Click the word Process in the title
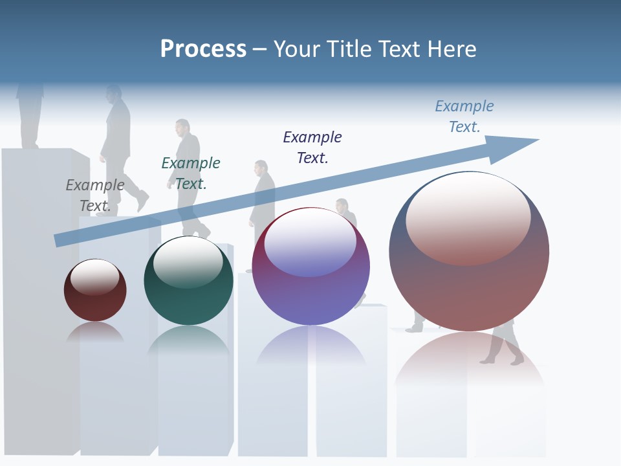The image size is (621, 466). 203,49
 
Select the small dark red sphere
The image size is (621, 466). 95,304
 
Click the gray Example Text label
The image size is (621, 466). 95,195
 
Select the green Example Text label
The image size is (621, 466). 190,173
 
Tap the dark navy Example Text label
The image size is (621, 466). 312,147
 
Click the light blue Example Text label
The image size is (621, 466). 464,116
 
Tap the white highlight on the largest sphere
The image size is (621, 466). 468,217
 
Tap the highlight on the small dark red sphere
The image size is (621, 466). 94,276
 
